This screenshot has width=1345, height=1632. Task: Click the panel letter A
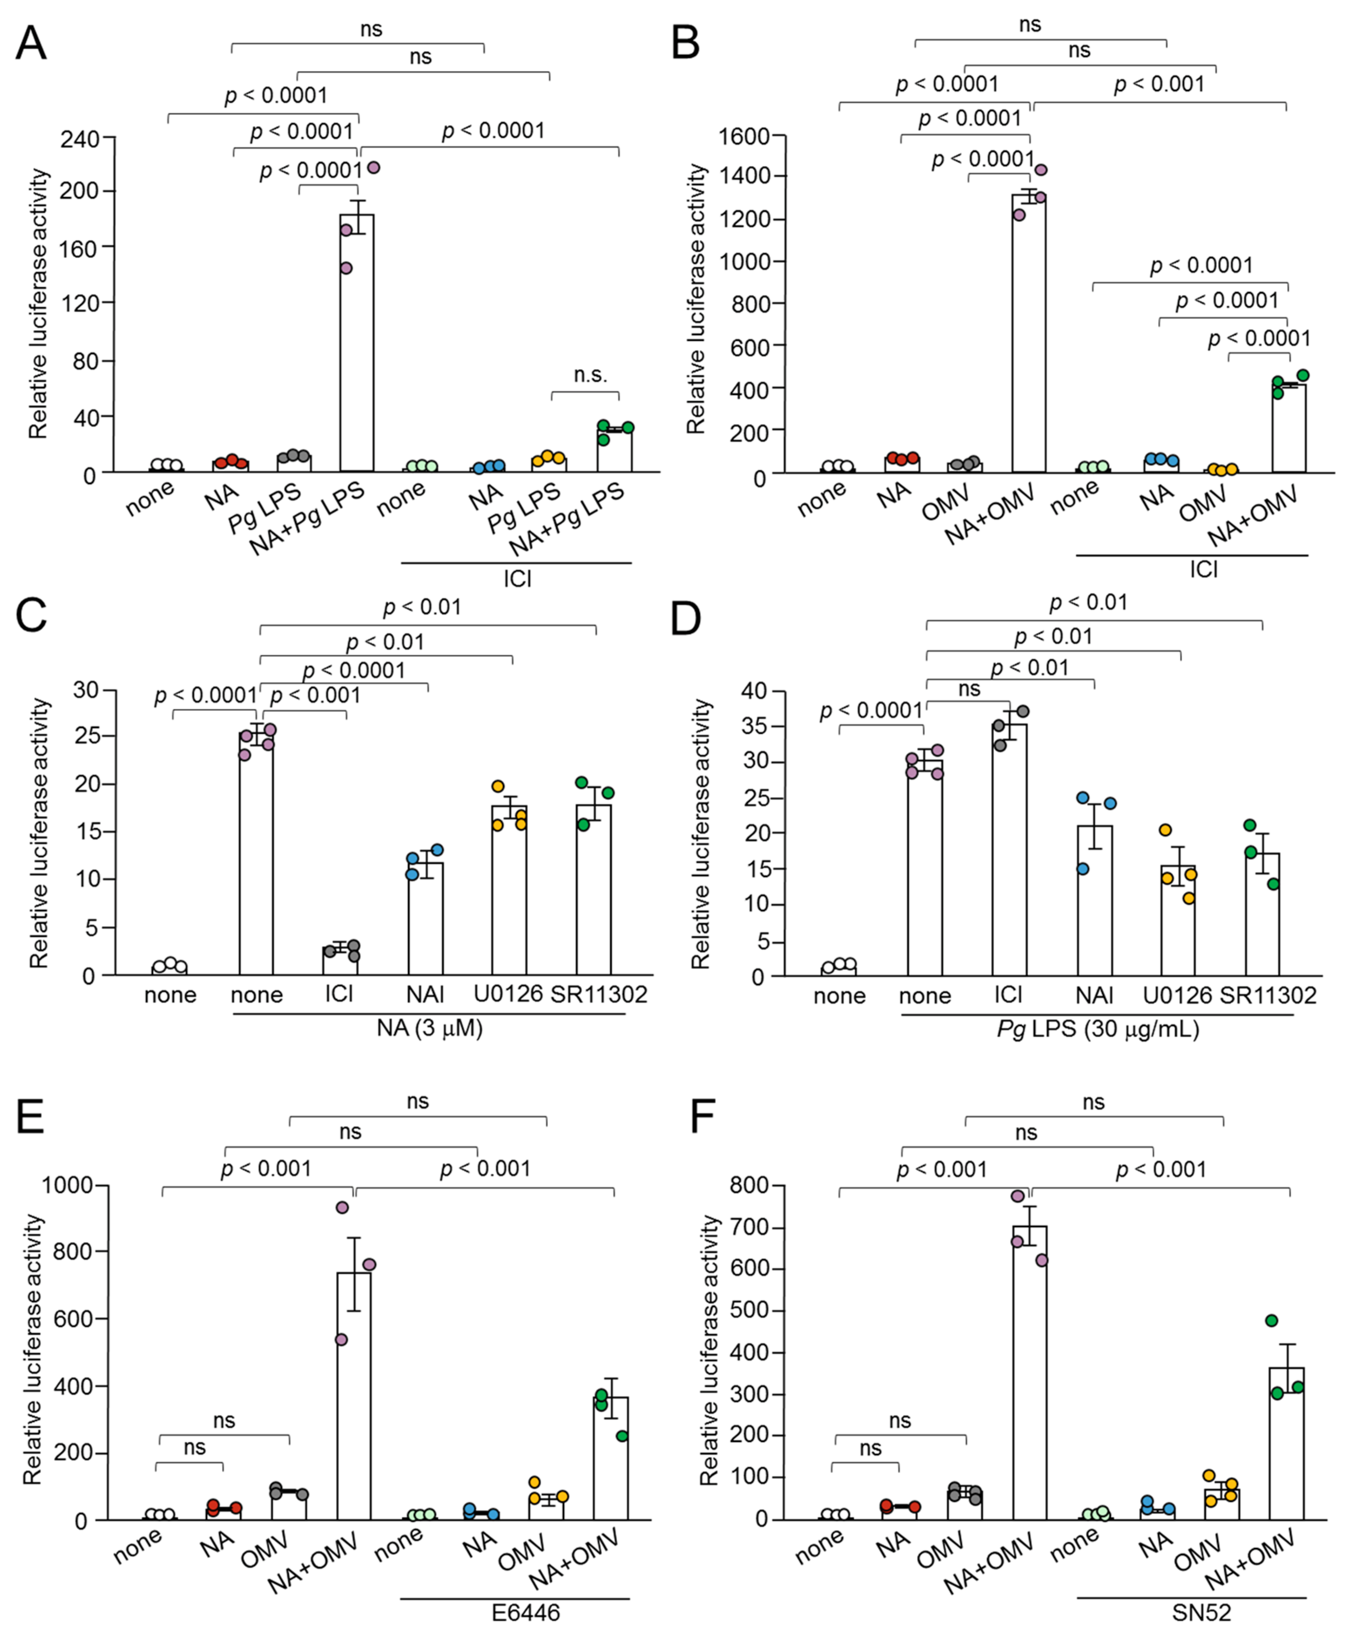click(x=31, y=44)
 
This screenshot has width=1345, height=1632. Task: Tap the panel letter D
click(x=686, y=620)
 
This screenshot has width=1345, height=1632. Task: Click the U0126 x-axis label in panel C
click(x=508, y=994)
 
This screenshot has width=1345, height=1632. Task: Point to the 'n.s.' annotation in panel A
click(x=590, y=375)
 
